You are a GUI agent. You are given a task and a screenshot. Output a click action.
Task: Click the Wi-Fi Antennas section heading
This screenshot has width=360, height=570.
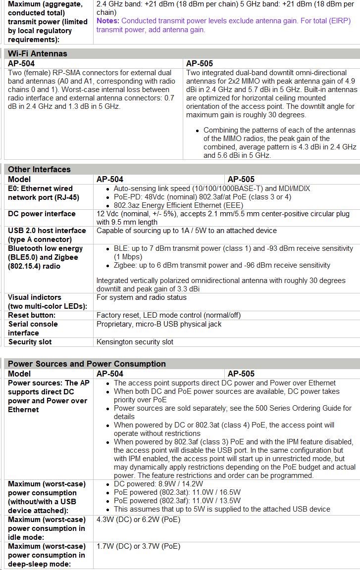[38, 53]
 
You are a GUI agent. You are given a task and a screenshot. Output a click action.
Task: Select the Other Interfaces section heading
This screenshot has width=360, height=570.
[39, 169]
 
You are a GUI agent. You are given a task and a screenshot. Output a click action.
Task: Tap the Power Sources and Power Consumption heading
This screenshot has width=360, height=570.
[87, 364]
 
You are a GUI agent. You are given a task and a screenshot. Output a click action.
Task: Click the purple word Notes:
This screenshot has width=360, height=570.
[107, 21]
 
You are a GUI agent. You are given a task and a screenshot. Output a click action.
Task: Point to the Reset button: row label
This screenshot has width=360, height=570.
[32, 315]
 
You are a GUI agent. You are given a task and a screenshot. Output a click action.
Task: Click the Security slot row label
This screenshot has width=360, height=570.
[30, 342]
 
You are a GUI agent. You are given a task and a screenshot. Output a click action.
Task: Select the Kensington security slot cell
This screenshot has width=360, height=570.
[135, 342]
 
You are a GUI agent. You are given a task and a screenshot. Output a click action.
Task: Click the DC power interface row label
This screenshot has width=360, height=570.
[42, 214]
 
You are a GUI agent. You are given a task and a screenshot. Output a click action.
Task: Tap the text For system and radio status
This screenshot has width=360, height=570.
[141, 297]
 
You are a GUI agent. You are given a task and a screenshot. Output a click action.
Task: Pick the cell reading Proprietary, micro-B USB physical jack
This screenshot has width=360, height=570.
[158, 324]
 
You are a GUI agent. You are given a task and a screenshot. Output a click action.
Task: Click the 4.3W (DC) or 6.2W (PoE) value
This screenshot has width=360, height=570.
[138, 520]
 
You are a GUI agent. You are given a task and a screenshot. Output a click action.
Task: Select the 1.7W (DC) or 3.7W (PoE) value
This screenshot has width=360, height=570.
[138, 546]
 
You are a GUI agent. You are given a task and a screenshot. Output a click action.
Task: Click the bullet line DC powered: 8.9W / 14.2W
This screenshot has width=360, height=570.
[158, 484]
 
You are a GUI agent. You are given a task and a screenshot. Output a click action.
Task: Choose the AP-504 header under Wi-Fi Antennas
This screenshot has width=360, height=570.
[21, 63]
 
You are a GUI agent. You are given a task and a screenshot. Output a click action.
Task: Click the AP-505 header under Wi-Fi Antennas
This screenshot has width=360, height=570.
[200, 63]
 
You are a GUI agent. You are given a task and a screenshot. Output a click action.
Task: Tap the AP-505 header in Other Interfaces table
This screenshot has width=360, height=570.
[241, 179]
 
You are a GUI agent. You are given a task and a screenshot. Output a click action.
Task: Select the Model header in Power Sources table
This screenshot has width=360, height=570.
[19, 374]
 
